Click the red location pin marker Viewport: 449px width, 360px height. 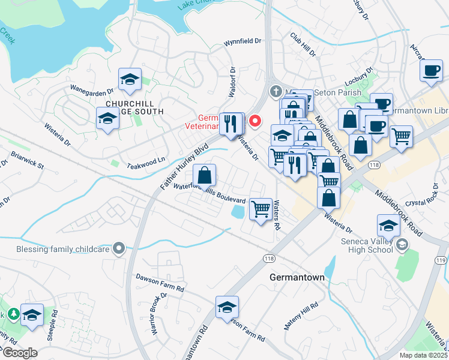click(255, 121)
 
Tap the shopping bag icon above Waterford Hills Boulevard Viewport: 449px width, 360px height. click(205, 176)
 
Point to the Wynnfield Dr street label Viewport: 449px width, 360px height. click(243, 42)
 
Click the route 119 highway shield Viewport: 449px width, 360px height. click(442, 260)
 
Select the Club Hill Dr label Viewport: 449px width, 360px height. click(303, 45)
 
